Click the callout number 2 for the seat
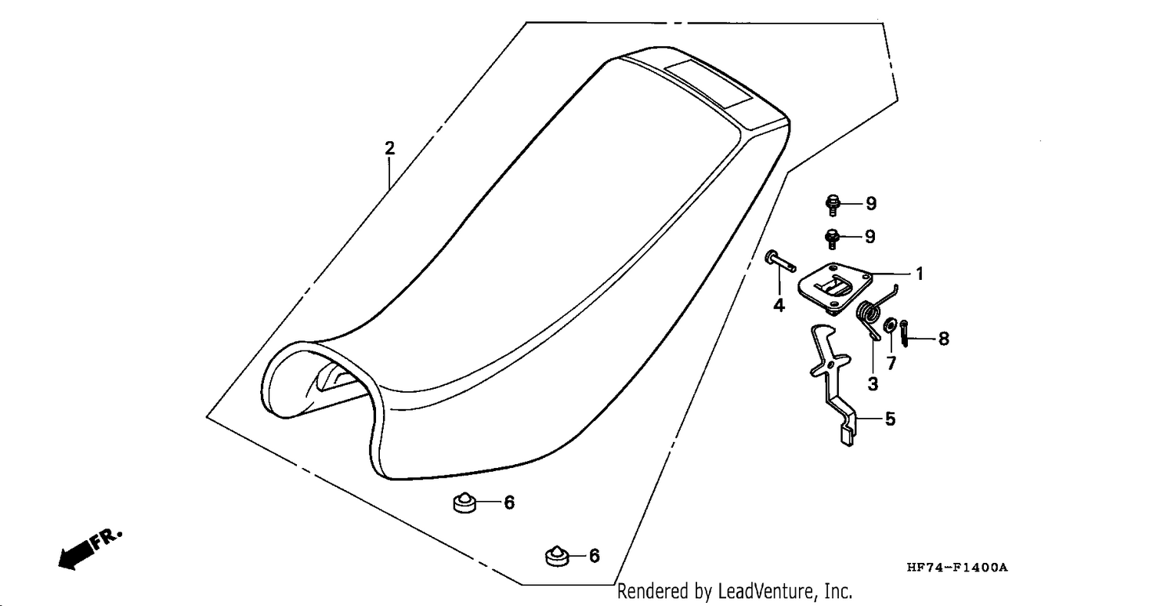click(x=389, y=149)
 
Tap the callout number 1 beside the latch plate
click(x=920, y=274)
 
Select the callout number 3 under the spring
click(x=873, y=384)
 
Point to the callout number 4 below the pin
click(x=779, y=305)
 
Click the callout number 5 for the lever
click(x=890, y=419)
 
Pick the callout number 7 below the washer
click(x=891, y=362)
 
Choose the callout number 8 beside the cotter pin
click(x=944, y=339)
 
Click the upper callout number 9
click(x=871, y=204)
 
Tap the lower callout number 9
click(x=870, y=237)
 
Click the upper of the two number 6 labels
click(x=509, y=503)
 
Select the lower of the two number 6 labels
click(x=595, y=556)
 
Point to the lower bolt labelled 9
click(x=832, y=238)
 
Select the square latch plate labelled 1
click(x=835, y=288)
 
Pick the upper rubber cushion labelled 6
click(x=465, y=503)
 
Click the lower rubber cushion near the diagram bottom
click(x=557, y=556)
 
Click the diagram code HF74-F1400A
click(x=957, y=568)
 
